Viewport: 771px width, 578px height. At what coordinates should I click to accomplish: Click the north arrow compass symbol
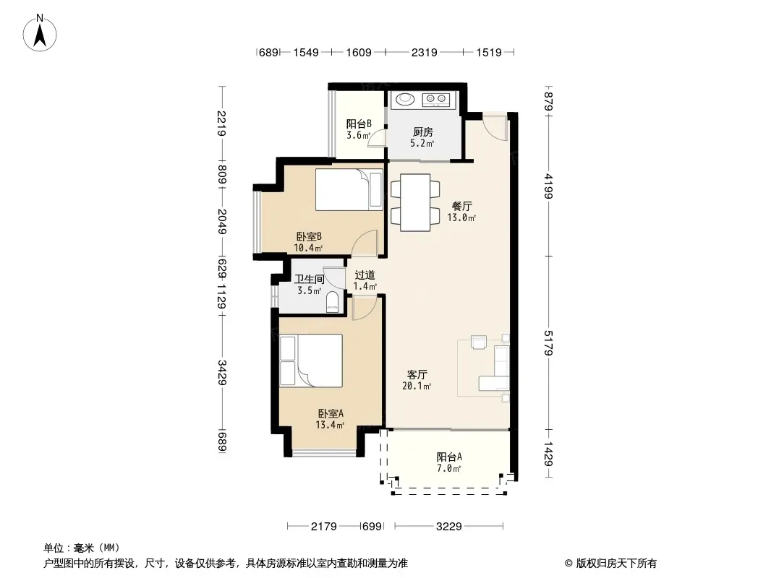40,33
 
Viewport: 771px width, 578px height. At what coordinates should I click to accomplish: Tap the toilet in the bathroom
333,302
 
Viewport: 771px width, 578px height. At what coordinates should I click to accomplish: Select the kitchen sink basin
406,99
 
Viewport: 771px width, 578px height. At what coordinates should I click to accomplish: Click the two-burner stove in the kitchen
436,100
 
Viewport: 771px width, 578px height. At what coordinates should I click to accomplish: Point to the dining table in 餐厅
415,202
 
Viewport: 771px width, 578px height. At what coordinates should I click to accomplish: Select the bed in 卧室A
311,361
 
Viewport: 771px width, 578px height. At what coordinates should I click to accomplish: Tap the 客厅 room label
417,375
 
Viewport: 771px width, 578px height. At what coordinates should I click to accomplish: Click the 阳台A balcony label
449,457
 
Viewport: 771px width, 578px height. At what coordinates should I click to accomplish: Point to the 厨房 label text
423,131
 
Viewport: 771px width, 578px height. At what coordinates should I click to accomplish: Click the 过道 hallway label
365,275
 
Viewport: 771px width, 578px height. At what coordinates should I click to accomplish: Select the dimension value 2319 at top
424,52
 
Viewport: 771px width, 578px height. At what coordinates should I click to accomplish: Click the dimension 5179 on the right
549,342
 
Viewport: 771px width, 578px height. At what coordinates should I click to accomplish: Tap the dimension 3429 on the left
222,372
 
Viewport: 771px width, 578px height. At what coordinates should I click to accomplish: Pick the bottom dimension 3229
448,527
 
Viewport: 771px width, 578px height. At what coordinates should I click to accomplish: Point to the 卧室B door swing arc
365,243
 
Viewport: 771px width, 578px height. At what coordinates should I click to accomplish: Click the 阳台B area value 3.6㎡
359,136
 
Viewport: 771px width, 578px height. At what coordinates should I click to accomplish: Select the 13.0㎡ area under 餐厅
461,217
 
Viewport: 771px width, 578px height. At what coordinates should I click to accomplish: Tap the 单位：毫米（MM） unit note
82,548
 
